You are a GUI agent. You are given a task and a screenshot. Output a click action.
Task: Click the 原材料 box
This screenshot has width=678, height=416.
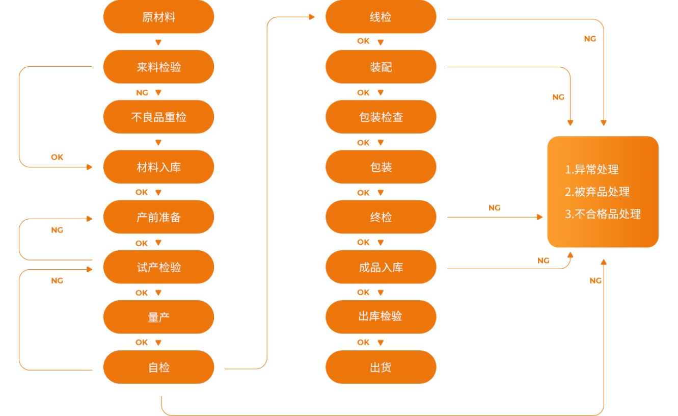(x=158, y=17)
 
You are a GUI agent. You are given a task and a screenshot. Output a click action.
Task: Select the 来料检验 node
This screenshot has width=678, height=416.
(x=158, y=67)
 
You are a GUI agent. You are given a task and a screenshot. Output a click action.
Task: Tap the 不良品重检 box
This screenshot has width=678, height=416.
(x=158, y=117)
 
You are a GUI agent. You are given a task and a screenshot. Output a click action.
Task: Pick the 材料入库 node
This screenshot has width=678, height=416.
(x=158, y=167)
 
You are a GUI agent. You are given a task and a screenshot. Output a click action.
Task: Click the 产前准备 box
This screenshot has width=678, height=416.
(x=158, y=217)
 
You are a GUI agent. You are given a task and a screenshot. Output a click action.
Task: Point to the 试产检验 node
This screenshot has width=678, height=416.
(x=158, y=267)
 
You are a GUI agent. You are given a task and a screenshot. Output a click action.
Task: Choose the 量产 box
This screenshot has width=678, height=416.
(x=158, y=317)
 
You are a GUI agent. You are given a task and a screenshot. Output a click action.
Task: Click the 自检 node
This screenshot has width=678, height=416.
(x=158, y=367)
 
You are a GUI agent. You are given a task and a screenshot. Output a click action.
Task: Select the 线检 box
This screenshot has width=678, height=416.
(x=381, y=17)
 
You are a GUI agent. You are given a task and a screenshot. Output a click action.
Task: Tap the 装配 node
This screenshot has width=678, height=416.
(x=381, y=67)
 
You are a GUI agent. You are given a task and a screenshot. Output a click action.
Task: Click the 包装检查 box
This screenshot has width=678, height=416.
(x=381, y=117)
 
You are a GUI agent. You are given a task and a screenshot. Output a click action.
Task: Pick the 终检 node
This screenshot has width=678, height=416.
(x=381, y=217)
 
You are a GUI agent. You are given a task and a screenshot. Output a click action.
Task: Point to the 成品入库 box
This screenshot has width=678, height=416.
(x=381, y=267)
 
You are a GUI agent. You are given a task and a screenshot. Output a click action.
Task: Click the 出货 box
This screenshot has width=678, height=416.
(x=381, y=367)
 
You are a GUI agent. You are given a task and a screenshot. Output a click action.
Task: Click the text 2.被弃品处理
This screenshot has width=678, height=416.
(x=597, y=192)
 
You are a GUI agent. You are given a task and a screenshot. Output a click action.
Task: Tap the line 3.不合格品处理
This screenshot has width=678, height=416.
(x=603, y=214)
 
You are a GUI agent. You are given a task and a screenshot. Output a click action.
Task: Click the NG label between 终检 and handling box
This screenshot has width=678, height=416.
(x=494, y=207)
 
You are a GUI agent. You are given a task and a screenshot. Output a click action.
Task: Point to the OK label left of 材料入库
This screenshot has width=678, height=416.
(x=57, y=157)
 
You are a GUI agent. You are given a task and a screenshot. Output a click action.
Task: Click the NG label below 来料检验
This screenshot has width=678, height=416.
(x=142, y=92)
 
